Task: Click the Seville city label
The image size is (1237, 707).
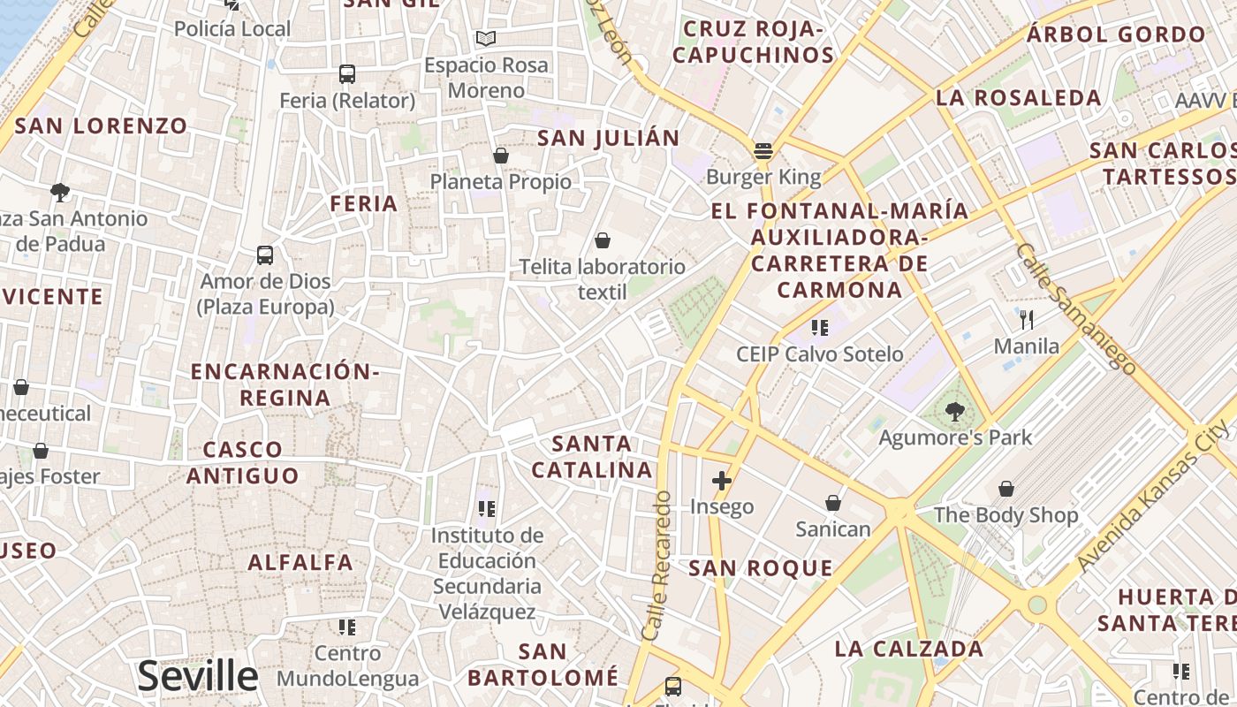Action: [197, 676]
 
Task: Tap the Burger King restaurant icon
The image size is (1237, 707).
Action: [763, 151]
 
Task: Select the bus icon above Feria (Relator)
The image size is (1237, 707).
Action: [347, 74]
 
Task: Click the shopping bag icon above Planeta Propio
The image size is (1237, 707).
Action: [501, 156]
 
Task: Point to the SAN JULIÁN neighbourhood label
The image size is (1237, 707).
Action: [609, 138]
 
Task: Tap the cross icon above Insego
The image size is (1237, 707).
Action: [722, 481]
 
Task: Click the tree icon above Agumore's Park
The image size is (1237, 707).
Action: [954, 411]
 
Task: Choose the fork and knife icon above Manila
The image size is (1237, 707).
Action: [1026, 319]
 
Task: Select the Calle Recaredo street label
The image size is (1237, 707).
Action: [658, 566]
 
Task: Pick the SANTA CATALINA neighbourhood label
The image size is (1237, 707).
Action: [592, 456]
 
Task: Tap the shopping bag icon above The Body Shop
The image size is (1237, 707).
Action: [1006, 489]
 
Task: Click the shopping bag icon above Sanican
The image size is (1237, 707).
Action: [832, 503]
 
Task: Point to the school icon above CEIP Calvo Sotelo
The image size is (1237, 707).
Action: [820, 328]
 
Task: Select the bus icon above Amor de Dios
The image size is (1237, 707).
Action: [265, 255]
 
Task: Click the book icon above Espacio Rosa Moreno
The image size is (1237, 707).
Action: [485, 38]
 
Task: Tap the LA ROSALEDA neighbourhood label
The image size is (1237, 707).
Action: [1018, 98]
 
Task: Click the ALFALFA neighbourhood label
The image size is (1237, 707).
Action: [300, 562]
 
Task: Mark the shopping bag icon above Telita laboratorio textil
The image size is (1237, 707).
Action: [603, 240]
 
